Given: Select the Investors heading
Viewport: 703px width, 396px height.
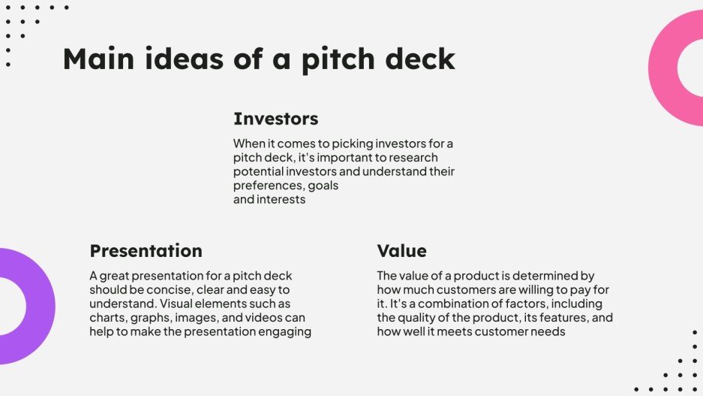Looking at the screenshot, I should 275,119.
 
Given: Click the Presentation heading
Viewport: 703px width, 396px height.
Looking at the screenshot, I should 146,251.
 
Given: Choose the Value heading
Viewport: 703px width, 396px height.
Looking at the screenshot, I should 401,251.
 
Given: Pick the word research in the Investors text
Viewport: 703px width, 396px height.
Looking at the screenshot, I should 413,157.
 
